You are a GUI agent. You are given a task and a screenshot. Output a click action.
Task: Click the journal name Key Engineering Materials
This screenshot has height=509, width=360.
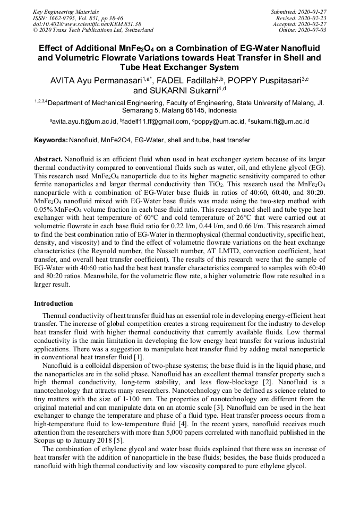(x=66, y=12)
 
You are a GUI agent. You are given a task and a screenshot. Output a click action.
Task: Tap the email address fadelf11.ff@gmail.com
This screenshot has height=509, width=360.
(x=156, y=122)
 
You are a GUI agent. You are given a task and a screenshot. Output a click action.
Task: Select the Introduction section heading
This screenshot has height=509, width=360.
(x=53, y=304)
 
